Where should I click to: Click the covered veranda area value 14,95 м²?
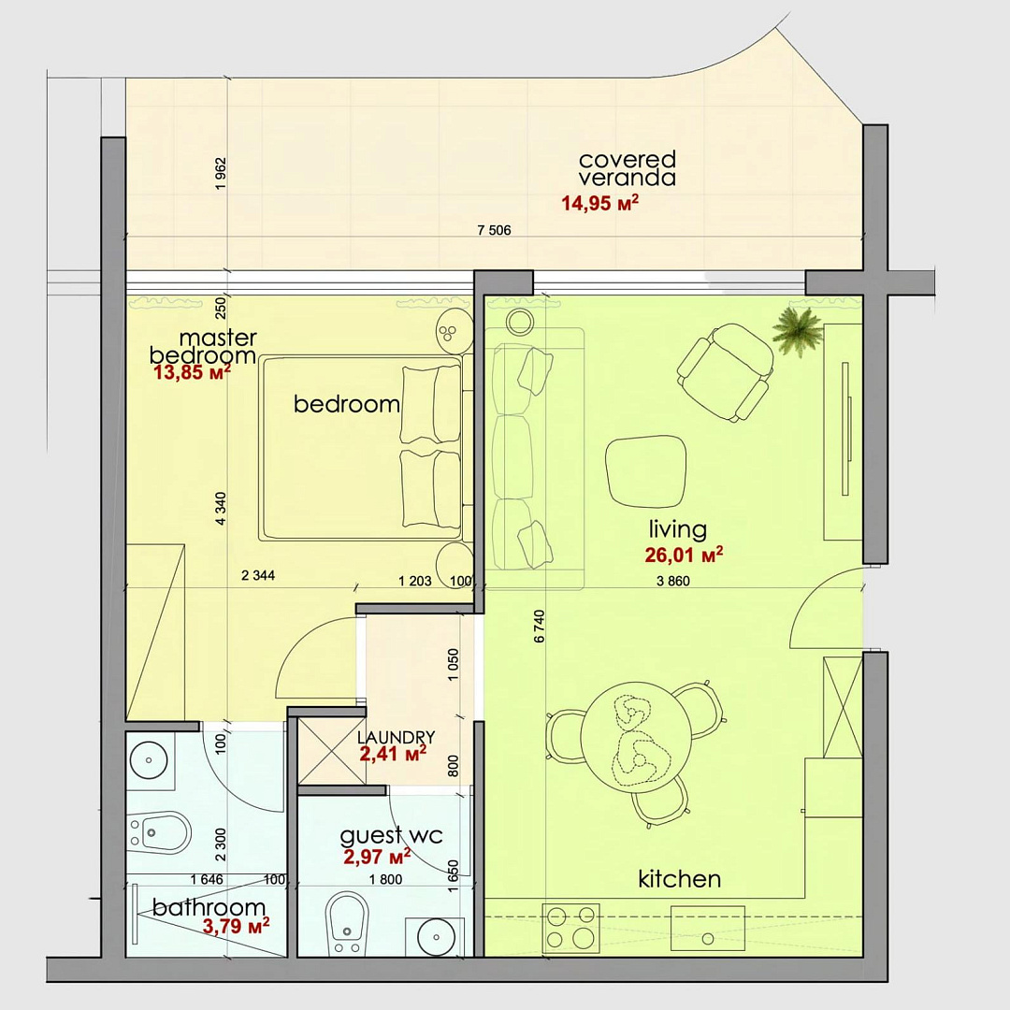pyautogui.click(x=599, y=203)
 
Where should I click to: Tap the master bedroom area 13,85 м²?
pyautogui.click(x=192, y=371)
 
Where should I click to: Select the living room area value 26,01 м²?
pyautogui.click(x=684, y=554)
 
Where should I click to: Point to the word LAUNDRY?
pyautogui.click(x=397, y=737)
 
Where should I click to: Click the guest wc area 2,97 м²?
pyautogui.click(x=377, y=857)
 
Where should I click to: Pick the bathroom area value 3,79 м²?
pyautogui.click(x=236, y=926)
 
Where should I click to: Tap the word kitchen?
pyautogui.click(x=679, y=879)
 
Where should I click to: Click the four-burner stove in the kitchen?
pyautogui.click(x=570, y=928)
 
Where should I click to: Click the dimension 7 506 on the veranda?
pyautogui.click(x=494, y=230)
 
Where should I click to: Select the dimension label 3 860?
pyautogui.click(x=673, y=581)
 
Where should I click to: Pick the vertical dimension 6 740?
pyautogui.click(x=540, y=626)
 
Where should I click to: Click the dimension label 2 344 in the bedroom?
pyautogui.click(x=258, y=575)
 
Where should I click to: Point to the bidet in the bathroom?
pyautogui.click(x=158, y=832)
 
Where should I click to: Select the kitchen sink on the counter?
pyautogui.click(x=708, y=929)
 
